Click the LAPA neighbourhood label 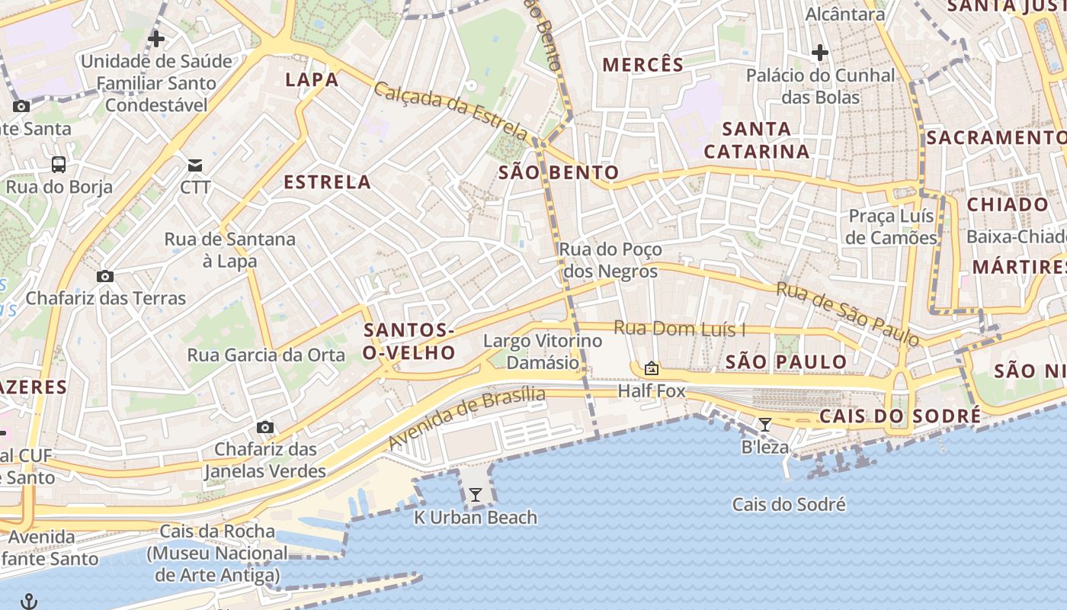pyautogui.click(x=312, y=79)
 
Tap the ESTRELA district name pyautogui.click(x=328, y=182)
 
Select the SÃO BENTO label pyautogui.click(x=559, y=172)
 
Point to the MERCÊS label pyautogui.click(x=643, y=65)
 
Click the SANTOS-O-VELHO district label pyautogui.click(x=409, y=341)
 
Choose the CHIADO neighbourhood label pyautogui.click(x=1008, y=204)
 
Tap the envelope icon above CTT pyautogui.click(x=196, y=165)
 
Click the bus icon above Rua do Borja pyautogui.click(x=59, y=164)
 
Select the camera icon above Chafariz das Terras pyautogui.click(x=105, y=276)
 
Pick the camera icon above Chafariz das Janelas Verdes pyautogui.click(x=264, y=427)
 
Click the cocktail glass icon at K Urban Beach pyautogui.click(x=476, y=495)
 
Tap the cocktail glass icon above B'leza pyautogui.click(x=765, y=424)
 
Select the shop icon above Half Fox pyautogui.click(x=652, y=369)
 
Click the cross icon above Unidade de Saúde pyautogui.click(x=156, y=38)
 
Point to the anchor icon pyautogui.click(x=28, y=602)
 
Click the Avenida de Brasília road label pyautogui.click(x=466, y=419)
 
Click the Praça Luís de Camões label pyautogui.click(x=892, y=227)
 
